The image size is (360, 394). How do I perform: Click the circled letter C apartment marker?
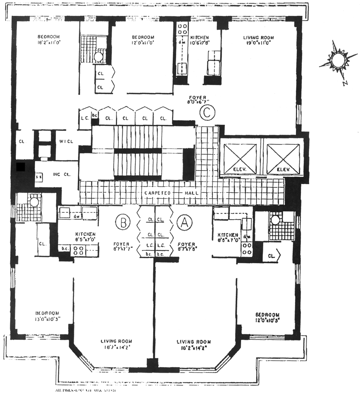(207, 113)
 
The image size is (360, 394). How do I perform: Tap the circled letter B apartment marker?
(123, 223)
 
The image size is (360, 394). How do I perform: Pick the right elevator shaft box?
(282, 157)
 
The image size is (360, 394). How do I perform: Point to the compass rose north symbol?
(338, 60)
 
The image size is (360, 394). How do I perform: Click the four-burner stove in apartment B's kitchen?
(78, 251)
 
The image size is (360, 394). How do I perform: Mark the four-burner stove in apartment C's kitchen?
(183, 29)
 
